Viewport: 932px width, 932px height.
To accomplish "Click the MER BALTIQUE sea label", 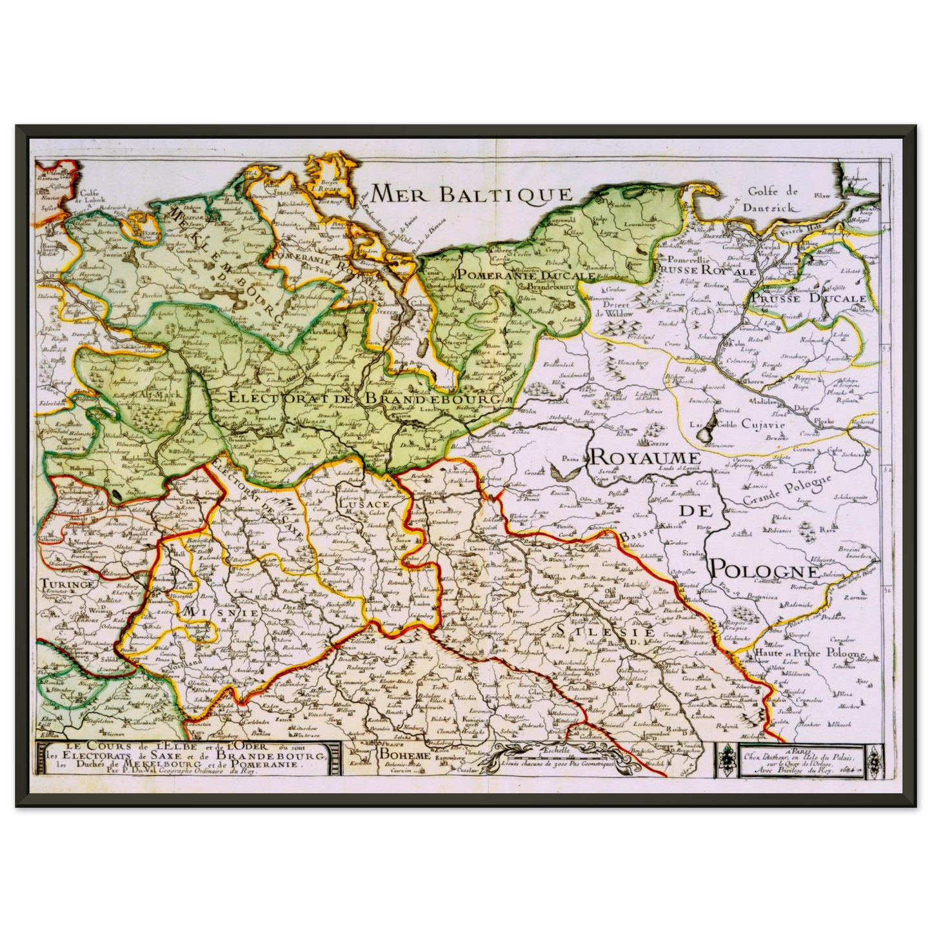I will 471,193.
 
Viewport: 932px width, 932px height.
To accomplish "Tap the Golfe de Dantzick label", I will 773,199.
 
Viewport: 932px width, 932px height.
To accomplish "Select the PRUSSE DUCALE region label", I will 808,299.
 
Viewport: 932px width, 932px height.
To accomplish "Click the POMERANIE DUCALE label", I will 525,275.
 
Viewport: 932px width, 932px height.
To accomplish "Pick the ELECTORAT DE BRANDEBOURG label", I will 364,399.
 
